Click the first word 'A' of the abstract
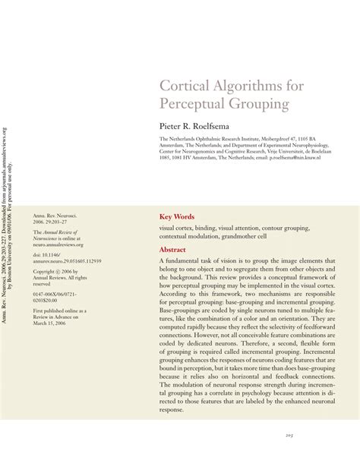[x=162, y=260]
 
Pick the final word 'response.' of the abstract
[x=171, y=409]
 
